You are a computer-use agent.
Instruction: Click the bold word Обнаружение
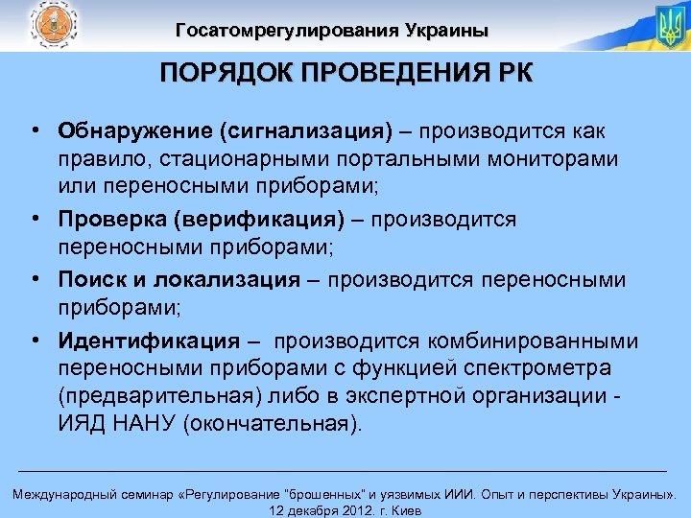point(124,130)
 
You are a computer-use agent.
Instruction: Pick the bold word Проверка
point(111,220)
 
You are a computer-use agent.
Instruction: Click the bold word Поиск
point(88,280)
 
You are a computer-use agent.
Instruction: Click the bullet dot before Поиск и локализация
point(34,280)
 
